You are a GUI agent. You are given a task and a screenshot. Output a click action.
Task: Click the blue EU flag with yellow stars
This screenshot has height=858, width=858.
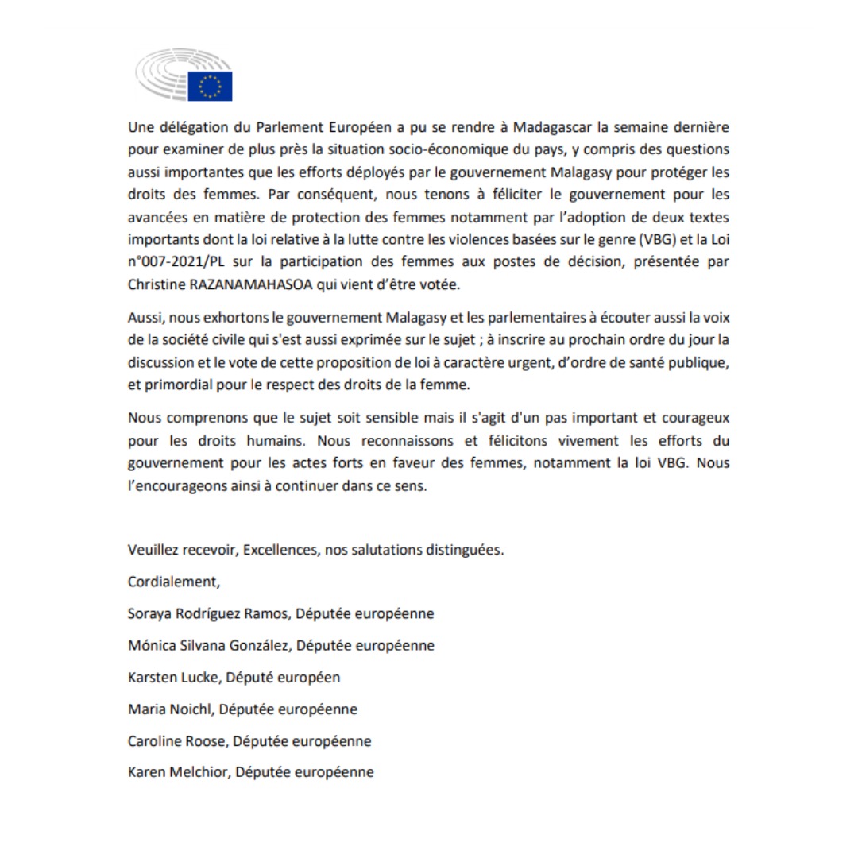tap(210, 86)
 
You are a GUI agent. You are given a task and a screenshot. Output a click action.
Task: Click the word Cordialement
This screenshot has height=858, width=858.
tap(172, 582)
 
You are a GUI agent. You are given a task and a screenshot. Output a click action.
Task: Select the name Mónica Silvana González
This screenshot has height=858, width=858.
tap(210, 645)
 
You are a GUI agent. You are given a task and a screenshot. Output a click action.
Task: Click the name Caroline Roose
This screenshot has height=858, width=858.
tap(178, 740)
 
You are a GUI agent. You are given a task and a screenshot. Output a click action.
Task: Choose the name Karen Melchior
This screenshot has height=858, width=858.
tap(179, 772)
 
